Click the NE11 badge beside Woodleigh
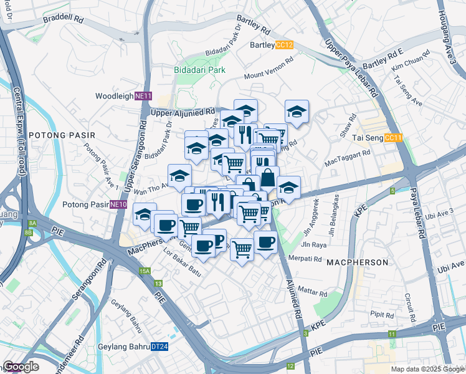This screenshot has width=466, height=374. coord(143,96)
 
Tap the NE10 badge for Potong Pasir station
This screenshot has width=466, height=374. coord(118,204)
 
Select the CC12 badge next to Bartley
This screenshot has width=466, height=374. coord(284,45)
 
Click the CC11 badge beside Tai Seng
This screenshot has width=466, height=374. coord(393,138)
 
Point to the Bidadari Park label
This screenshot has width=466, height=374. coord(199,70)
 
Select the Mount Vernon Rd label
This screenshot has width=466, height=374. coord(269,69)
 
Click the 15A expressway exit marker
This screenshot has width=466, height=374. coord(145,271)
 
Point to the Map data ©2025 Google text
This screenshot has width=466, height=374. coord(427,369)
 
